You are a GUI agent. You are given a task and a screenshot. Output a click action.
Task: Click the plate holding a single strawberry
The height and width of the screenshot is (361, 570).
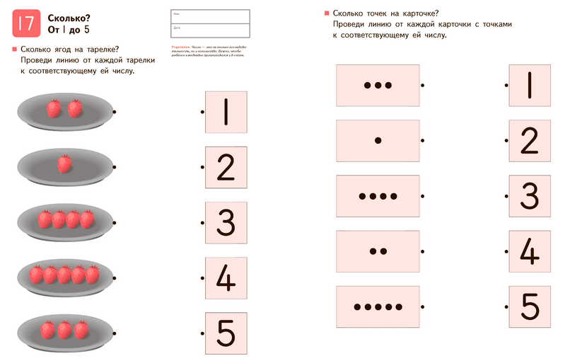click(64, 166)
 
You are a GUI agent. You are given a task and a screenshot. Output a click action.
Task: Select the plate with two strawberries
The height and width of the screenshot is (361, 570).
click(64, 110)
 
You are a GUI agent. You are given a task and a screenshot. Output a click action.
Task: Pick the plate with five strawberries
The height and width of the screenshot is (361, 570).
click(64, 274)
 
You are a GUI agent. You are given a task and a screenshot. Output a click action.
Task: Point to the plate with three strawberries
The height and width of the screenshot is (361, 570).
click(64, 330)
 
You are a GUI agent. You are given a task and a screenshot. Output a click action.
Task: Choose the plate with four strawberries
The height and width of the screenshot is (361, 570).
click(64, 220)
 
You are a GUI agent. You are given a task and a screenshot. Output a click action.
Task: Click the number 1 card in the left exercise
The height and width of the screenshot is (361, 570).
click(226, 112)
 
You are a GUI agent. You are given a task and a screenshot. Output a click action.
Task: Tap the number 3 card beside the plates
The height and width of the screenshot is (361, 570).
click(226, 222)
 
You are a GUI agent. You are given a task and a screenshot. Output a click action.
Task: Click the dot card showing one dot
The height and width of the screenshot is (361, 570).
click(378, 140)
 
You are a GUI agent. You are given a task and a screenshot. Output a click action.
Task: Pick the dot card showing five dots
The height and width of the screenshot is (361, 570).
click(378, 306)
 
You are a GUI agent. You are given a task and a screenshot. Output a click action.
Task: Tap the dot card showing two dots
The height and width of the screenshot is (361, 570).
click(378, 251)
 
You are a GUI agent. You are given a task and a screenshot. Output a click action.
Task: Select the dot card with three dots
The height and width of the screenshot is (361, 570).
click(378, 85)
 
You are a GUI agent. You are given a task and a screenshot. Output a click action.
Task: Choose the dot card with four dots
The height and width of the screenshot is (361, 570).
click(378, 195)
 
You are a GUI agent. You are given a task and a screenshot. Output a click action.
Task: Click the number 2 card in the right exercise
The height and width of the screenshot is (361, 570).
click(530, 140)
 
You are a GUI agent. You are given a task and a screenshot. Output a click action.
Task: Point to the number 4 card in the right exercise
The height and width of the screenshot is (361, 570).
click(530, 251)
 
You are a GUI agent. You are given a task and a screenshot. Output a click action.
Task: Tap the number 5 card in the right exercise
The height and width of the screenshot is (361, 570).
click(530, 306)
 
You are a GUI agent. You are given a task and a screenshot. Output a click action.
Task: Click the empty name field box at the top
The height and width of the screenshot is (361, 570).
click(210, 16)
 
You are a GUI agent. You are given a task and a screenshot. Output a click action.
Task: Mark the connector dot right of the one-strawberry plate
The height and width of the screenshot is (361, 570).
click(115, 167)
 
